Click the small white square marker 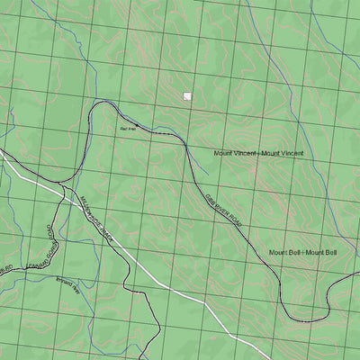(187, 95)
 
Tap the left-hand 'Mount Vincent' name (236, 154)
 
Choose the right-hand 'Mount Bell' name (320, 252)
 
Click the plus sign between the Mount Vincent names (259, 154)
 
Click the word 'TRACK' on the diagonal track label (111, 234)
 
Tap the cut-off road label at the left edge (5, 269)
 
